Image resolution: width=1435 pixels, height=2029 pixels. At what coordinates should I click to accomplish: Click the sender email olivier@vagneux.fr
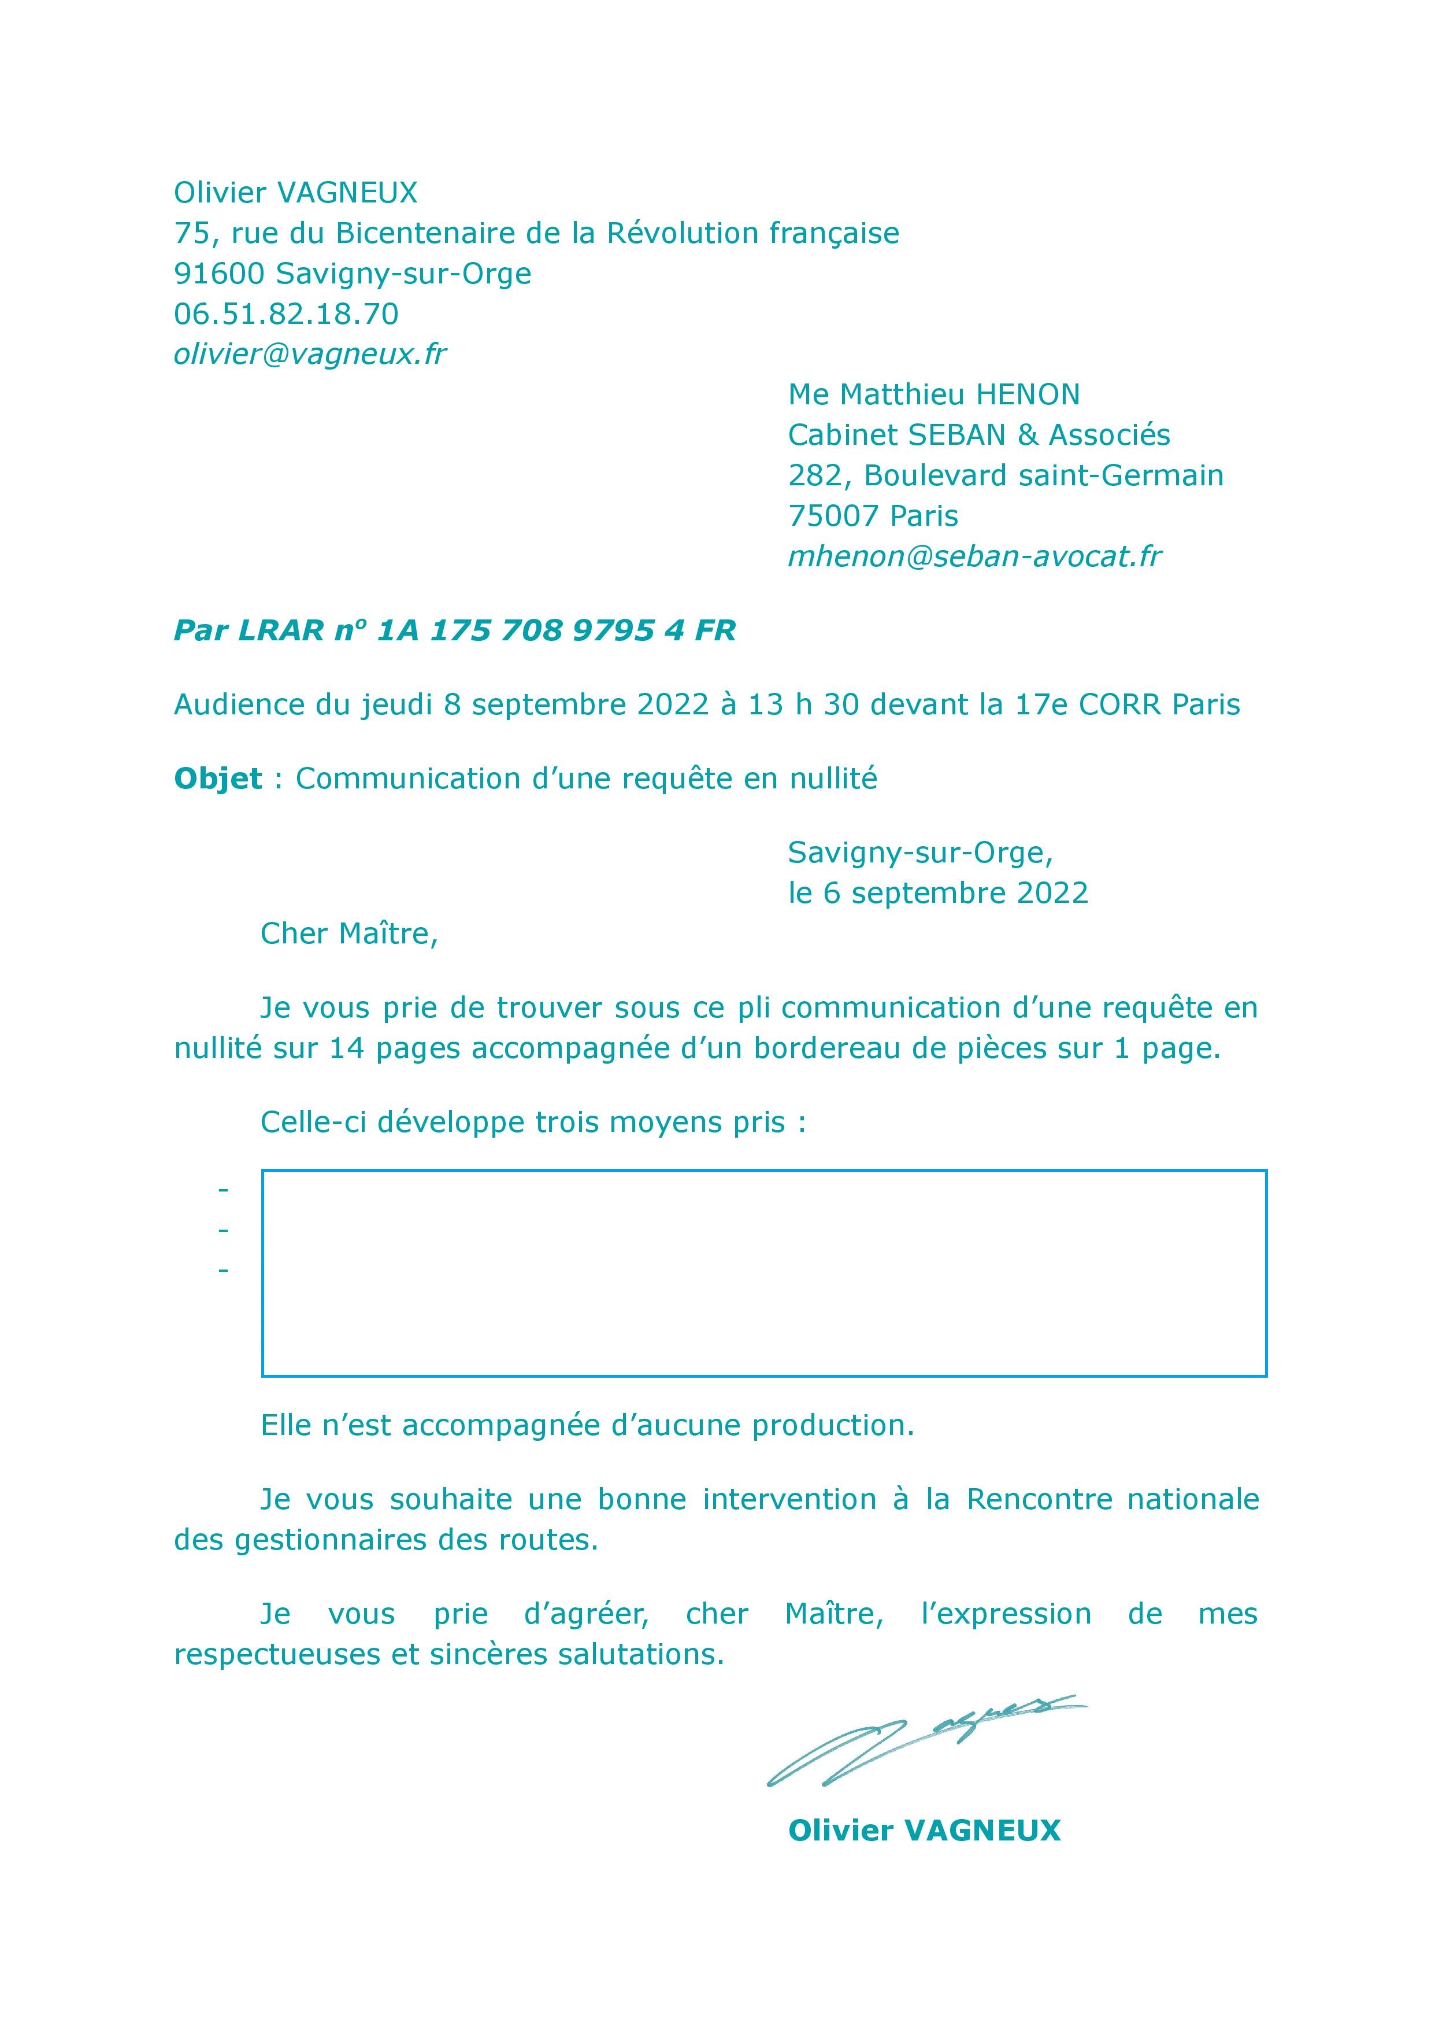(x=309, y=355)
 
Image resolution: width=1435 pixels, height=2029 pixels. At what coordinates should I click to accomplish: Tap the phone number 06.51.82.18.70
(x=285, y=314)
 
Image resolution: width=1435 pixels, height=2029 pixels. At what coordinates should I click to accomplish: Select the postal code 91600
(x=219, y=274)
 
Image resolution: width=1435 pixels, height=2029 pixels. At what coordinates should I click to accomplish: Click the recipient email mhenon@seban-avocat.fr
(x=974, y=556)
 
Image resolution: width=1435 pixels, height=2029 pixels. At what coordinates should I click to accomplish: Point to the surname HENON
(x=1027, y=394)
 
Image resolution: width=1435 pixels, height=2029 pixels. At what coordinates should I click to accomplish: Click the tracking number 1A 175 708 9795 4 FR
(x=556, y=630)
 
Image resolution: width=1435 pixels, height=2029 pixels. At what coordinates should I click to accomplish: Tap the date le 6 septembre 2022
(x=937, y=893)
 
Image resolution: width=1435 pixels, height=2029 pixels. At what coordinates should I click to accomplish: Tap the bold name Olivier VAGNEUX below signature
(x=924, y=1830)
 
